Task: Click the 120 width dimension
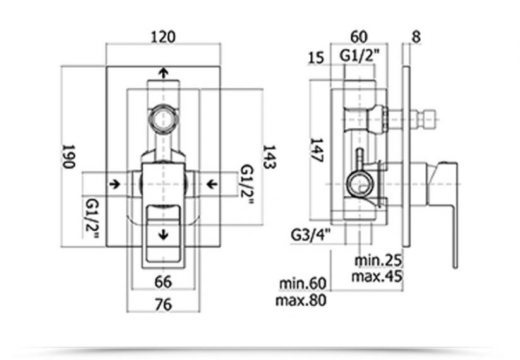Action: click(x=163, y=37)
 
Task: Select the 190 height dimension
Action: click(x=69, y=157)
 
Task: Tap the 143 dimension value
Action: click(x=269, y=157)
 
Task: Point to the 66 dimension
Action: click(x=163, y=282)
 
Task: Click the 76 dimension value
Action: click(x=163, y=304)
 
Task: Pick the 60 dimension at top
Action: click(x=359, y=37)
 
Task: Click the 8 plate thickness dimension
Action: click(x=416, y=37)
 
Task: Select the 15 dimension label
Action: click(x=316, y=57)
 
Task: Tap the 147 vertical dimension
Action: click(x=316, y=150)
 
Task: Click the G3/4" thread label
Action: click(x=311, y=235)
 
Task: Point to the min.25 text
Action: click(x=378, y=260)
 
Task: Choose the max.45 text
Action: click(x=377, y=276)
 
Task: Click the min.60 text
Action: click(x=303, y=284)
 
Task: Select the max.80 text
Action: click(x=301, y=300)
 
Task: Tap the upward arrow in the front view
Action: click(x=163, y=73)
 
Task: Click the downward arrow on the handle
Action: click(x=163, y=235)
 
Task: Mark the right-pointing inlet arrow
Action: click(x=115, y=184)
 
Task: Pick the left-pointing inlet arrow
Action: click(x=212, y=184)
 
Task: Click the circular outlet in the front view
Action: click(x=163, y=119)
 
